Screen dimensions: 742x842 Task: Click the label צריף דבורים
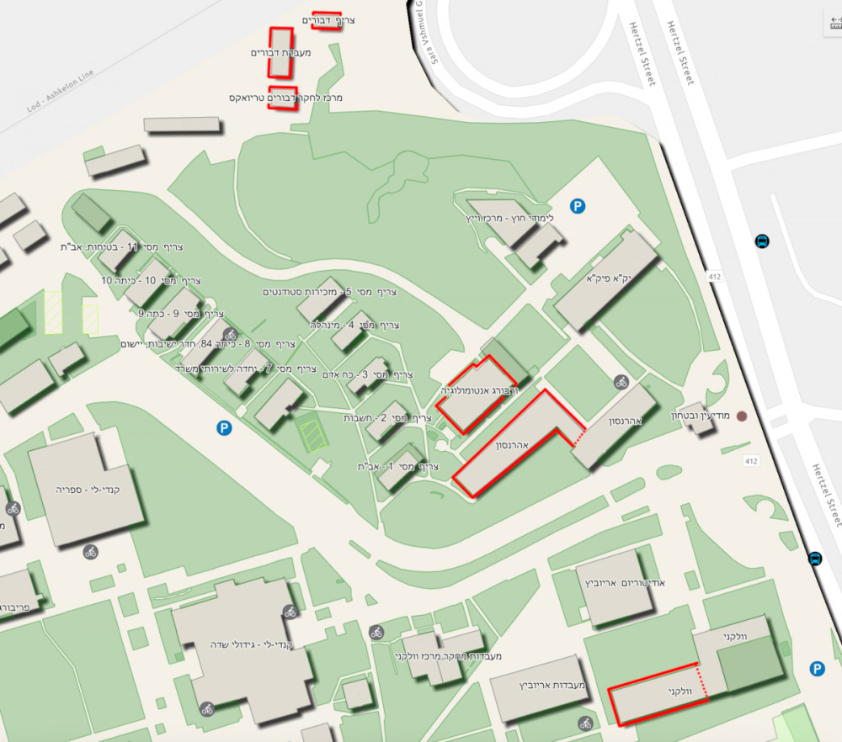tap(328, 19)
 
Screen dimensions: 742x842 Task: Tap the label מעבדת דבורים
tap(281, 53)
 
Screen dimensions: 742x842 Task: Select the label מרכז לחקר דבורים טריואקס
tap(285, 98)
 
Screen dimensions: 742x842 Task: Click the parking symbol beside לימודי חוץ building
tap(578, 205)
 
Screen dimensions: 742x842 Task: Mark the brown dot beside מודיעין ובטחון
tap(742, 416)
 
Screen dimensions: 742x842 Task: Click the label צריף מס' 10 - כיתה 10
tap(152, 280)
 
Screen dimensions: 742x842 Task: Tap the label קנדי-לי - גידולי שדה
tap(252, 644)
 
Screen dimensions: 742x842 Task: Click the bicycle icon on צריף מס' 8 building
tap(230, 335)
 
